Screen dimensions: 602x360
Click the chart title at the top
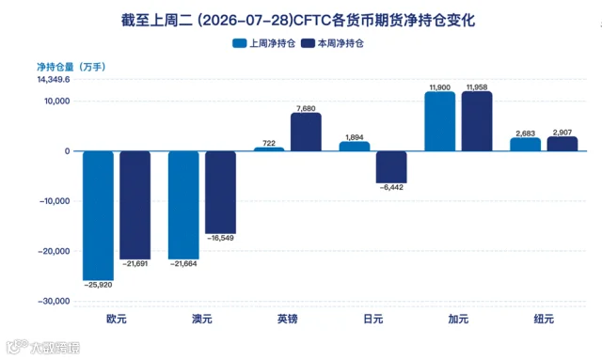pyautogui.click(x=298, y=20)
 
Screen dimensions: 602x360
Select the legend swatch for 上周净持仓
pyautogui.click(x=240, y=43)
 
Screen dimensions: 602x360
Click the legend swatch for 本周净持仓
pyautogui.click(x=308, y=43)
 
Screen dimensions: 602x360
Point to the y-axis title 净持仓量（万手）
pyautogui.click(x=71, y=67)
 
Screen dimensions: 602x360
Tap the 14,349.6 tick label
pyautogui.click(x=54, y=80)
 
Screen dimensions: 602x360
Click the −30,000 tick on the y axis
pyautogui.click(x=54, y=302)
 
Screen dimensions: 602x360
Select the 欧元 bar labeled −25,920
pyautogui.click(x=98, y=215)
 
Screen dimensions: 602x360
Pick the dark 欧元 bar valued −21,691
pyautogui.click(x=135, y=205)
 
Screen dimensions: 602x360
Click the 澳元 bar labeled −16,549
pyautogui.click(x=220, y=193)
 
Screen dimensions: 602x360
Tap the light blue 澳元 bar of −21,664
pyautogui.click(x=183, y=205)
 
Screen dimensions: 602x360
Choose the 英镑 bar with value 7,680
pyautogui.click(x=306, y=132)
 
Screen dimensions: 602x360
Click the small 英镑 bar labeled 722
pyautogui.click(x=269, y=149)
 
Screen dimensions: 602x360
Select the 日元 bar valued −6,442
pyautogui.click(x=391, y=167)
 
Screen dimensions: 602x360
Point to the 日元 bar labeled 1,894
pyautogui.click(x=355, y=147)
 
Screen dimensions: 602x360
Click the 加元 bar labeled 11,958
pyautogui.click(x=477, y=121)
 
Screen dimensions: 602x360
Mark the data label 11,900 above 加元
pyautogui.click(x=440, y=87)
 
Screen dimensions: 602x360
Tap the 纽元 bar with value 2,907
pyautogui.click(x=562, y=144)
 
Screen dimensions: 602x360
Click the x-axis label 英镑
pyautogui.click(x=288, y=319)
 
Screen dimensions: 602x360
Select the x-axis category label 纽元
pyautogui.click(x=544, y=319)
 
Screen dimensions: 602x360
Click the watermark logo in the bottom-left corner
pyautogui.click(x=43, y=347)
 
